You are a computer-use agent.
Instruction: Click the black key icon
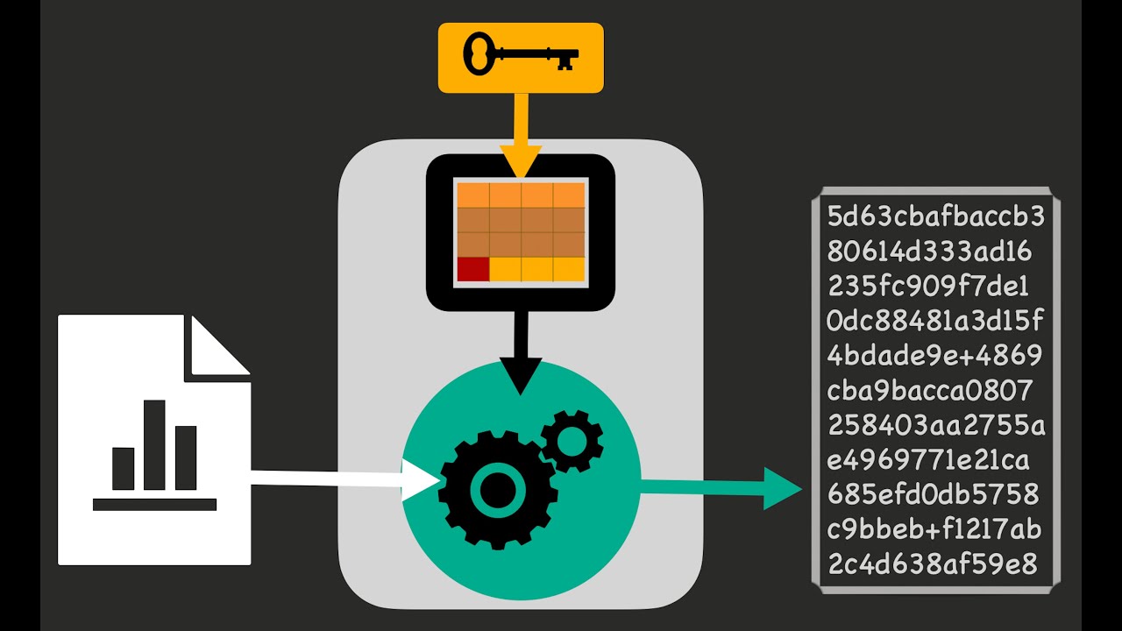pyautogui.click(x=521, y=54)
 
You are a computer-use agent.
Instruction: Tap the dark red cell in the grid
pyautogui.click(x=472, y=269)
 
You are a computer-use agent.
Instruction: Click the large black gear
pyautogui.click(x=497, y=490)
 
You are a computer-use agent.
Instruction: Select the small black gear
pyautogui.click(x=572, y=441)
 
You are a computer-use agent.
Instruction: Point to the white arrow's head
pyautogui.click(x=422, y=479)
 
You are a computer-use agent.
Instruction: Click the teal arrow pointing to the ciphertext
pyautogui.click(x=721, y=488)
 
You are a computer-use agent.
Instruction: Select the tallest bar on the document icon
pyautogui.click(x=154, y=444)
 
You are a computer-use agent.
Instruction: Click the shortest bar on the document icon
pyautogui.click(x=124, y=469)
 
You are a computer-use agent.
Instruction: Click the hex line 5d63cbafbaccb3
pyautogui.click(x=935, y=216)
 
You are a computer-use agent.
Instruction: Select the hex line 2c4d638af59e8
pyautogui.click(x=932, y=564)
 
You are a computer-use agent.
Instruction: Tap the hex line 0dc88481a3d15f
pyautogui.click(x=935, y=321)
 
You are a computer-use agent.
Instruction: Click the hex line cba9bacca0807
pyautogui.click(x=929, y=390)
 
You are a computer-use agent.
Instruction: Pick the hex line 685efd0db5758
pyautogui.click(x=934, y=494)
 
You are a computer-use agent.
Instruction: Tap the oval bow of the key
pyautogui.click(x=478, y=54)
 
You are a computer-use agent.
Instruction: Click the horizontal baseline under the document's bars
pyautogui.click(x=155, y=504)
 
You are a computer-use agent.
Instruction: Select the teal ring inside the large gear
pyautogui.click(x=497, y=490)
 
